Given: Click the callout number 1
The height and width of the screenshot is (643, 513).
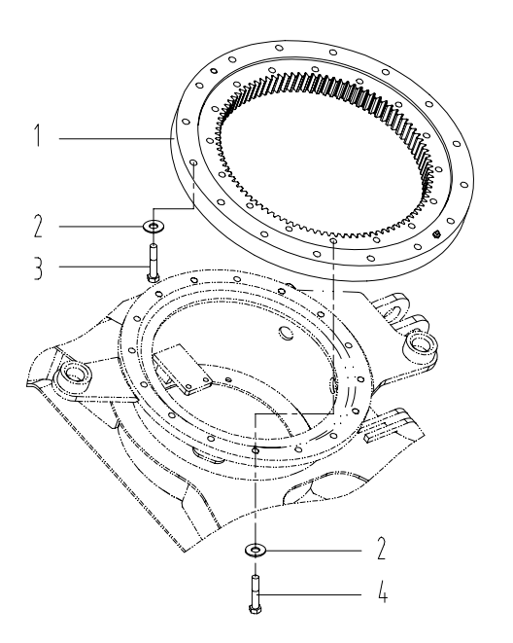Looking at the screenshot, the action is coord(38,136).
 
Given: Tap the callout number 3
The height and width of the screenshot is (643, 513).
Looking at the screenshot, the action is coord(38,268).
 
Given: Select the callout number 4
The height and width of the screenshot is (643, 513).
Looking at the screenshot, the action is coord(382,591).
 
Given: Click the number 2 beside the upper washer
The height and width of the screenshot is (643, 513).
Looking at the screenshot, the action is coord(38,227).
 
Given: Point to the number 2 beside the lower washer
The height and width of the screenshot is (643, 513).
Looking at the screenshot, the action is coord(381,549).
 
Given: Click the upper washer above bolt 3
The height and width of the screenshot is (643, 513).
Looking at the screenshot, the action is coord(154,226).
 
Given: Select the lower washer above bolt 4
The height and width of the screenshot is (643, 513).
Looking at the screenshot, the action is coord(256,550).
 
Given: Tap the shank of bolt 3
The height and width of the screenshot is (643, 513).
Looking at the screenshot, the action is coord(153,259).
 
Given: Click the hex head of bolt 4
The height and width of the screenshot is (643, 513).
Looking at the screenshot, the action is coord(255,609).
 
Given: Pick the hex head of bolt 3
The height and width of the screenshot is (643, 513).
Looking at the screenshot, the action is coord(152,278).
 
